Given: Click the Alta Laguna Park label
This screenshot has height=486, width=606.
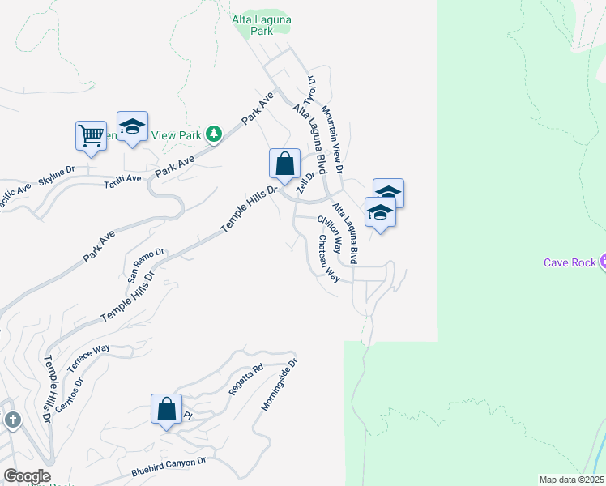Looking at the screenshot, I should click(x=262, y=25).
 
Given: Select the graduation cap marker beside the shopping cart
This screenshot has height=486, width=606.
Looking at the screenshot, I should click(x=132, y=127).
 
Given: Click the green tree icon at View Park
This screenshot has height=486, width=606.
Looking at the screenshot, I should click(x=213, y=133).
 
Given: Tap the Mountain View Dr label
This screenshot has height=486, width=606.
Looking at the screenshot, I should click(x=332, y=139).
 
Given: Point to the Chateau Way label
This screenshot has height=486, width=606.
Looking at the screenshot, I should click(x=328, y=258).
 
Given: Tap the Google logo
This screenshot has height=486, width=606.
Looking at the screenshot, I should click(x=27, y=476).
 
